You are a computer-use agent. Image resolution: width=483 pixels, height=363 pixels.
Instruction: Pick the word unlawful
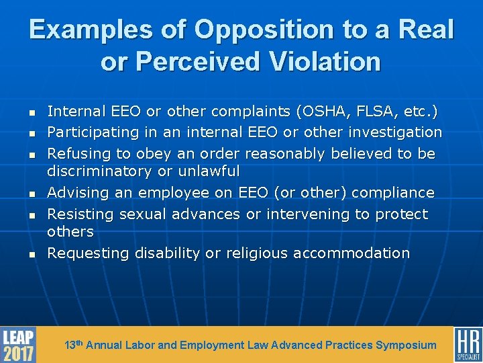(207, 171)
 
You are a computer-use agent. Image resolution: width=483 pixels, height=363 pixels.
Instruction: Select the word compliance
(392, 193)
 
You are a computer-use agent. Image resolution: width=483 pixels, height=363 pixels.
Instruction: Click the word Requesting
(88, 253)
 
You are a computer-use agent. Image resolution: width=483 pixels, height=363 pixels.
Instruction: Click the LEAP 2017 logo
(17, 345)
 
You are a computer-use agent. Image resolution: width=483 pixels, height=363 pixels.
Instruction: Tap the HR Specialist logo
(468, 345)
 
